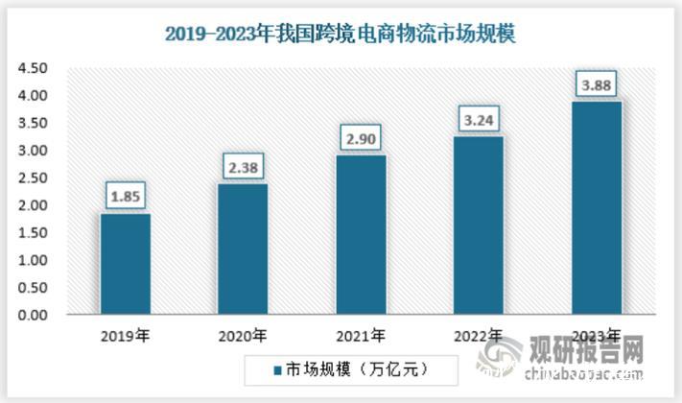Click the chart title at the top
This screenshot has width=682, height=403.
point(341,36)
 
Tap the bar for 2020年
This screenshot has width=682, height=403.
point(244,249)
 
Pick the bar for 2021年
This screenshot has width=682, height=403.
point(362,235)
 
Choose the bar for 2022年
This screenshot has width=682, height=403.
point(480,225)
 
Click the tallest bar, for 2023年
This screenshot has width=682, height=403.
point(598,208)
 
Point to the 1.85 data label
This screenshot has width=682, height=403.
point(126,197)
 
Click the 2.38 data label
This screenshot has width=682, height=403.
point(244,168)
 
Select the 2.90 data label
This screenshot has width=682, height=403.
point(362,139)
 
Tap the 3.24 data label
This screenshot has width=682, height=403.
point(480,121)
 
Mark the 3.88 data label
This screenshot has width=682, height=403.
point(598,85)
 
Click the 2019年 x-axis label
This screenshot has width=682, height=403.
point(126,336)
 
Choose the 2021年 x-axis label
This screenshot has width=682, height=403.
point(362,336)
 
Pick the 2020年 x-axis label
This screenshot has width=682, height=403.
point(244,336)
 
